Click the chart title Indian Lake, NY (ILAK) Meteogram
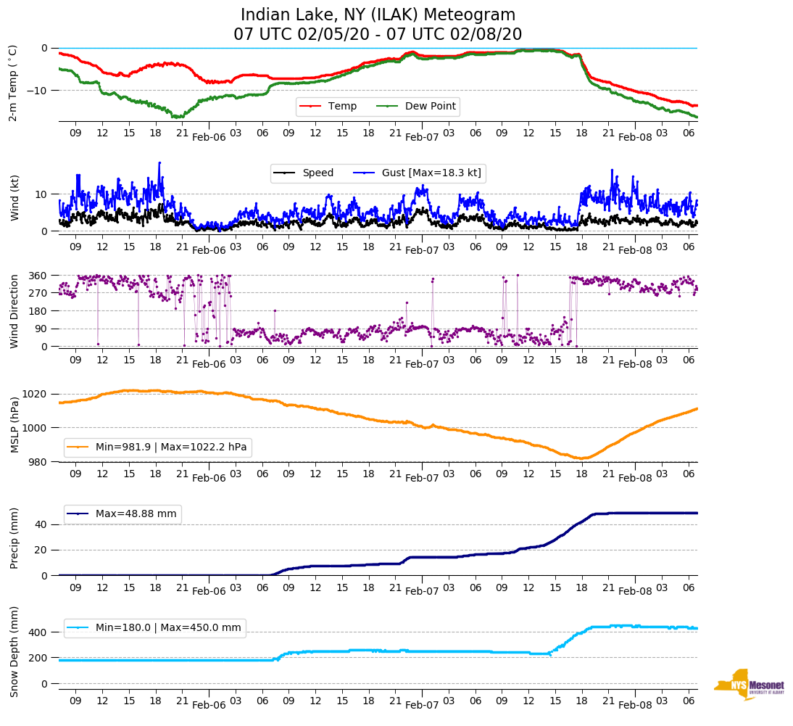(378, 15)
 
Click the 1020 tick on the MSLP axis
(36, 394)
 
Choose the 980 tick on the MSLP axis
(38, 462)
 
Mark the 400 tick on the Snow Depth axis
(38, 632)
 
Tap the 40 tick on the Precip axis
(41, 524)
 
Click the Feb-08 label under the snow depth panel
(635, 705)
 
